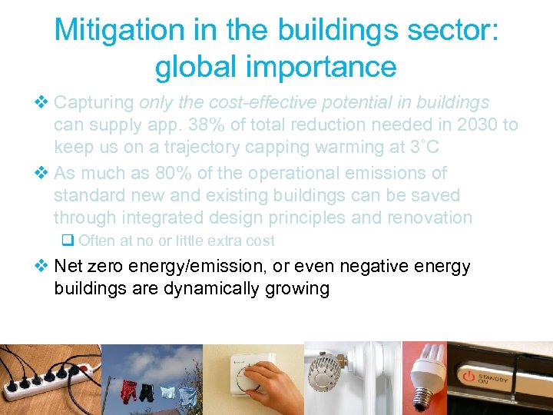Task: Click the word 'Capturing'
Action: click(94, 102)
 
